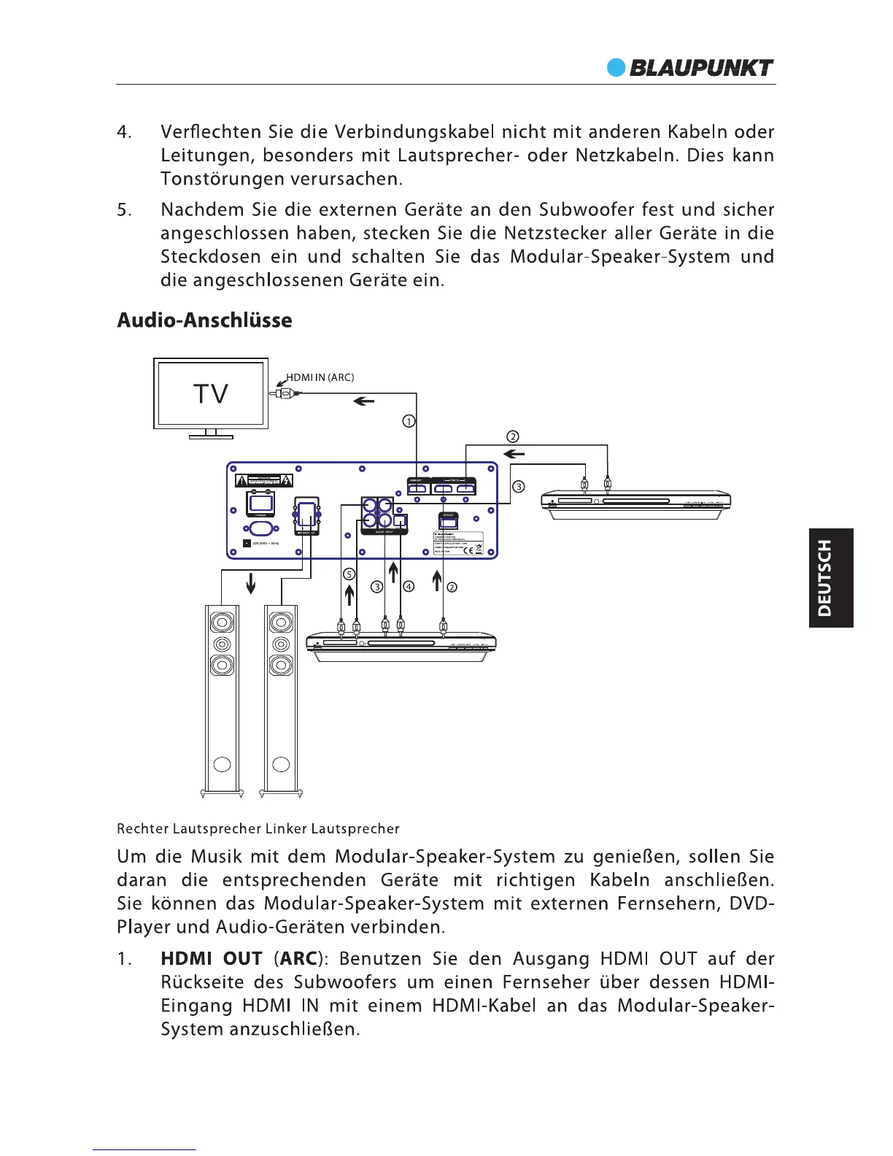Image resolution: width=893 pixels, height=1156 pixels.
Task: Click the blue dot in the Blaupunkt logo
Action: pyautogui.click(x=616, y=68)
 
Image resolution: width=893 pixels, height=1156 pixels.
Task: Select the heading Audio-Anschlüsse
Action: pyautogui.click(x=204, y=320)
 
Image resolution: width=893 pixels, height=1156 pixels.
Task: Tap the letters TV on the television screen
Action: pyautogui.click(x=211, y=394)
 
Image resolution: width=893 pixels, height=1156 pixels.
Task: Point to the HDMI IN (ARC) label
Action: pyautogui.click(x=320, y=377)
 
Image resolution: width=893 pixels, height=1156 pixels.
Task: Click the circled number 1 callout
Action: pyautogui.click(x=410, y=421)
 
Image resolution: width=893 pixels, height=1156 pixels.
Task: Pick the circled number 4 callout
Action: pyautogui.click(x=409, y=586)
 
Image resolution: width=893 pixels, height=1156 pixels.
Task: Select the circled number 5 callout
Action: pyautogui.click(x=349, y=574)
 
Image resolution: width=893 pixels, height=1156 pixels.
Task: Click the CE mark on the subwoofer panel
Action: pyautogui.click(x=468, y=550)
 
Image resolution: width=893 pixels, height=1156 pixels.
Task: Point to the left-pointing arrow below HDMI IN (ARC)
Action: pyautogui.click(x=363, y=401)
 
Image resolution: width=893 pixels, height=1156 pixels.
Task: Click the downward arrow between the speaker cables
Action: pyautogui.click(x=251, y=583)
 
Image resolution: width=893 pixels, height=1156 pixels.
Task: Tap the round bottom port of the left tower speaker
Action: pyautogui.click(x=223, y=765)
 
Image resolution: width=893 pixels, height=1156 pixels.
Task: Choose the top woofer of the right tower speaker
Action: pyautogui.click(x=281, y=623)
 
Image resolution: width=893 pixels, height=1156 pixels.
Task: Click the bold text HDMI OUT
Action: pyautogui.click(x=211, y=959)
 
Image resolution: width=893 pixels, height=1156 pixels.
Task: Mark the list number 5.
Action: pyautogui.click(x=124, y=210)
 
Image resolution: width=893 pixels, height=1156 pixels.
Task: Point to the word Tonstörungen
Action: pyautogui.click(x=223, y=179)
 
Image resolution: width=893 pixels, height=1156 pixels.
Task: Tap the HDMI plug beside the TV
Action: pyautogui.click(x=283, y=393)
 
